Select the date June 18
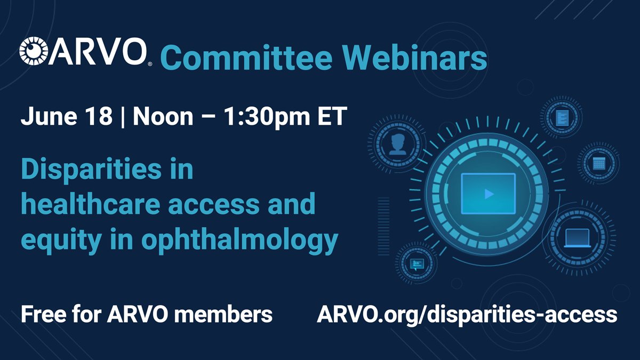(x=66, y=116)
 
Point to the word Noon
(x=163, y=116)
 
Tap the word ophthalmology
(x=240, y=241)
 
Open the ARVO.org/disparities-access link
(x=467, y=314)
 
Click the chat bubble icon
(x=418, y=263)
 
